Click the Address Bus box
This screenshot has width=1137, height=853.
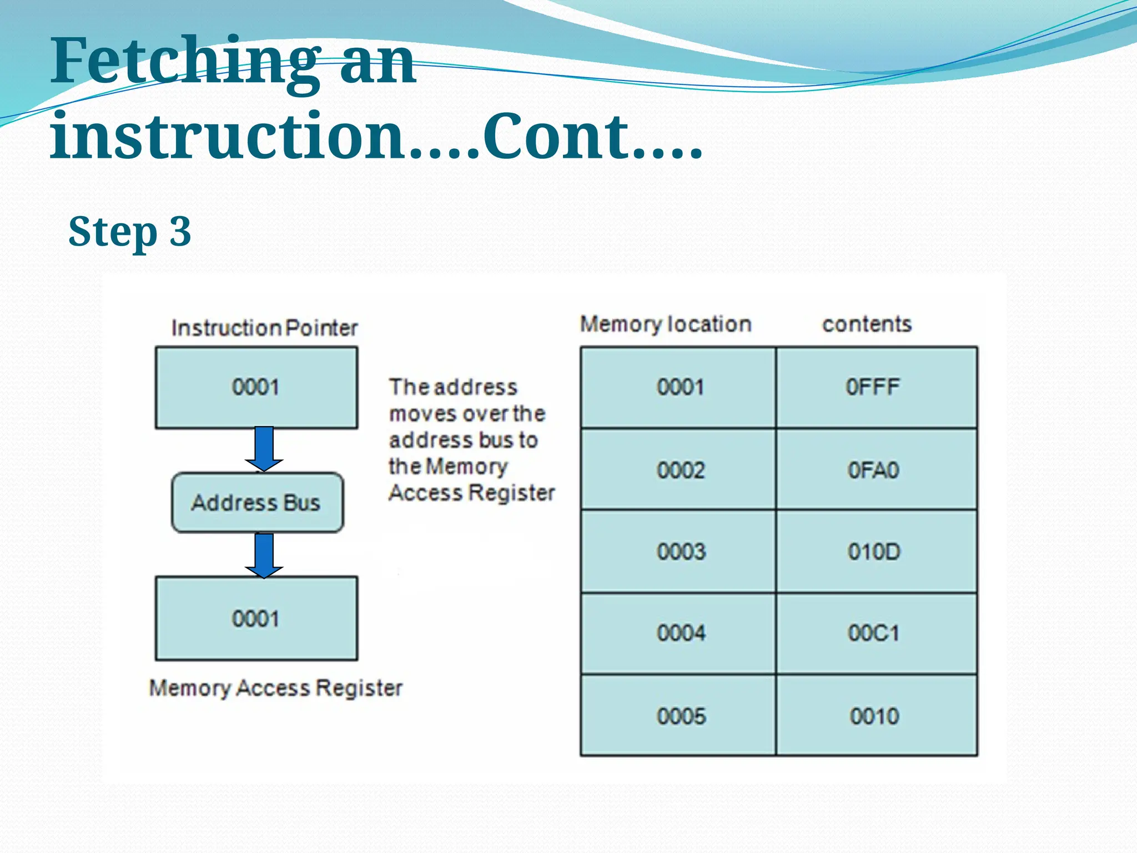(257, 503)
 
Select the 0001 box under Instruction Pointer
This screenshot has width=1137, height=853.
(256, 388)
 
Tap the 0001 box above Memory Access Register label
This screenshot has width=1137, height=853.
(256, 619)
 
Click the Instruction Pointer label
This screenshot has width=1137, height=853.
(264, 328)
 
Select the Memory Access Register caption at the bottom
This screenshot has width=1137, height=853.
(276, 689)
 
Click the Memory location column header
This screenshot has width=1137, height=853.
(666, 324)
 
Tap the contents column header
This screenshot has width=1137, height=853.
(867, 324)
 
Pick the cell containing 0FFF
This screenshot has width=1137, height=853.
(876, 388)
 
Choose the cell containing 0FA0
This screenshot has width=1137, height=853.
(876, 470)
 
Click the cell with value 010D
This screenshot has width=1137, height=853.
(876, 551)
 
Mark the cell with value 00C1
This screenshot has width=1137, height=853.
(876, 633)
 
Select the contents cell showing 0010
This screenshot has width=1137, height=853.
(876, 716)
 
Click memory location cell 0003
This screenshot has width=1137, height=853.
(678, 551)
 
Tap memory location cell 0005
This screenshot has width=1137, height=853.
(678, 716)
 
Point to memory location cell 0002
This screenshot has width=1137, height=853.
(678, 470)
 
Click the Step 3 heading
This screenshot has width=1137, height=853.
(130, 232)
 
